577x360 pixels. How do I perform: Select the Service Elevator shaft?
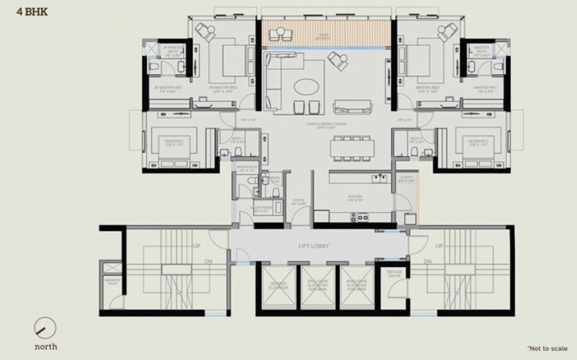tap(278, 286)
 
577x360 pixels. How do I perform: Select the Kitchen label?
tap(356, 199)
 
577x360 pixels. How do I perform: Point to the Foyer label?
tap(298, 202)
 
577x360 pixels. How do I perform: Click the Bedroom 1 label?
tap(174, 142)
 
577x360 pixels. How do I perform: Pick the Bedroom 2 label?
tap(478, 142)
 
